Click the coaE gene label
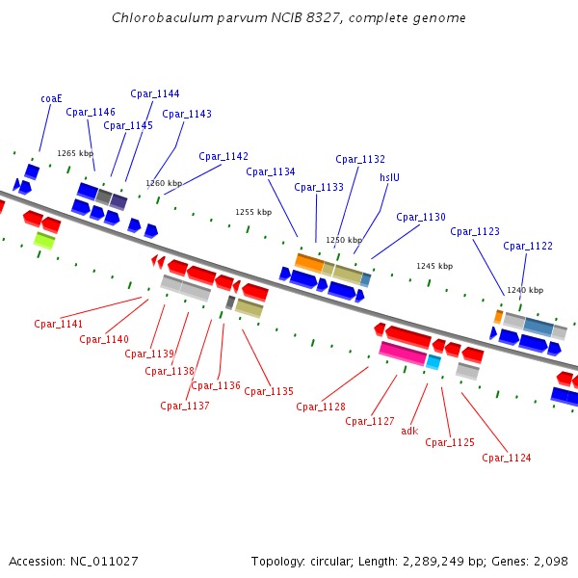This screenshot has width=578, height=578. [x=51, y=98]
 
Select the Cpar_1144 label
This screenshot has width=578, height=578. [x=155, y=93]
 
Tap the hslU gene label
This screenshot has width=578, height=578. [x=389, y=177]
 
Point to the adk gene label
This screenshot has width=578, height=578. [x=409, y=431]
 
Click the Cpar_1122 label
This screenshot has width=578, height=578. [x=528, y=246]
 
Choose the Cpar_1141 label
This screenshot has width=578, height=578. [x=59, y=324]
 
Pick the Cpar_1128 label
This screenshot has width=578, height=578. [x=321, y=407]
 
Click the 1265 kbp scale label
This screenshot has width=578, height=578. [x=75, y=153]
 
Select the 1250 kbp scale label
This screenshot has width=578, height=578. [x=344, y=240]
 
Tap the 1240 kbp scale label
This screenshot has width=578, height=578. [x=525, y=290]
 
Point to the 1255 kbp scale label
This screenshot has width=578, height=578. [x=253, y=212]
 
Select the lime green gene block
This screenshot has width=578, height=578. [x=43, y=239]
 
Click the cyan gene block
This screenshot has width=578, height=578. [x=433, y=362]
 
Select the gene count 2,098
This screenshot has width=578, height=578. [x=550, y=561]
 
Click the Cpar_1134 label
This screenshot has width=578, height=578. [x=271, y=171]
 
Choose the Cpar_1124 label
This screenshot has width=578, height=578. [x=507, y=458]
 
